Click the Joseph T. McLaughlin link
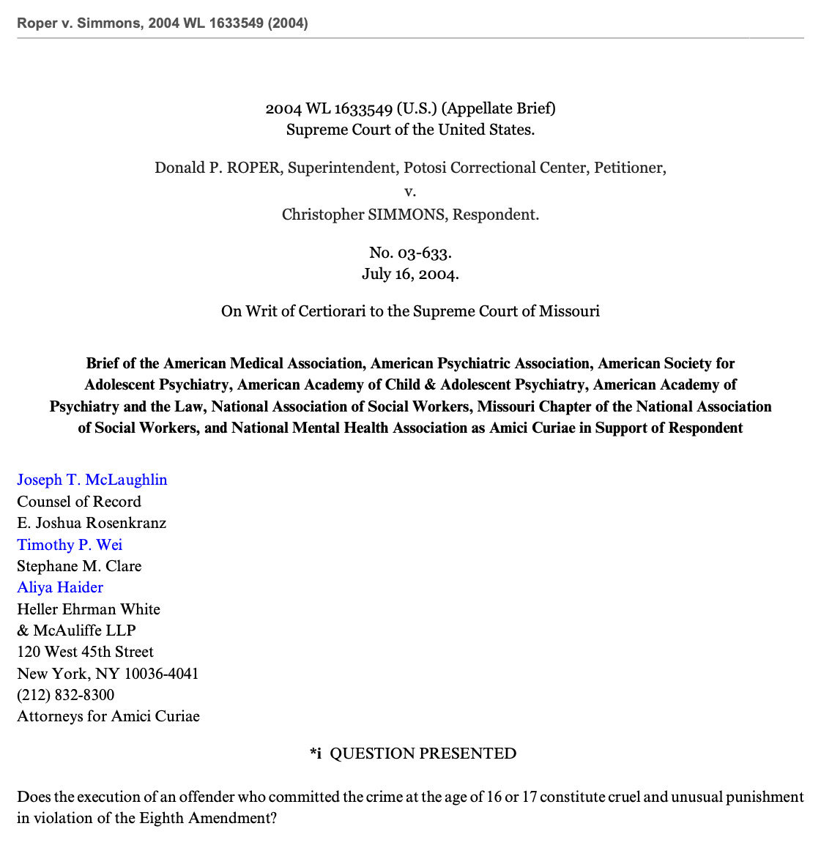point(92,480)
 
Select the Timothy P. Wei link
point(70,545)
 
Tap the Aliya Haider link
point(60,587)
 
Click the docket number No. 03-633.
point(410,253)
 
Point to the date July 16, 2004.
point(410,275)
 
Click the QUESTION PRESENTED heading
point(423,754)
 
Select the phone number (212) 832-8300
point(66,695)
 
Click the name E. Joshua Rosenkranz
point(92,523)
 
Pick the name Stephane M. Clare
point(79,566)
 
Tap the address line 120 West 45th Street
point(85,652)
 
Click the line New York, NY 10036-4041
point(108,674)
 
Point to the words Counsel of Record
point(79,502)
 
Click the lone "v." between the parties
point(410,191)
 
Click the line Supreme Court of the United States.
point(410,130)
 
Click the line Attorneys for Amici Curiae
point(108,716)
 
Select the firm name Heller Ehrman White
point(89,609)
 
